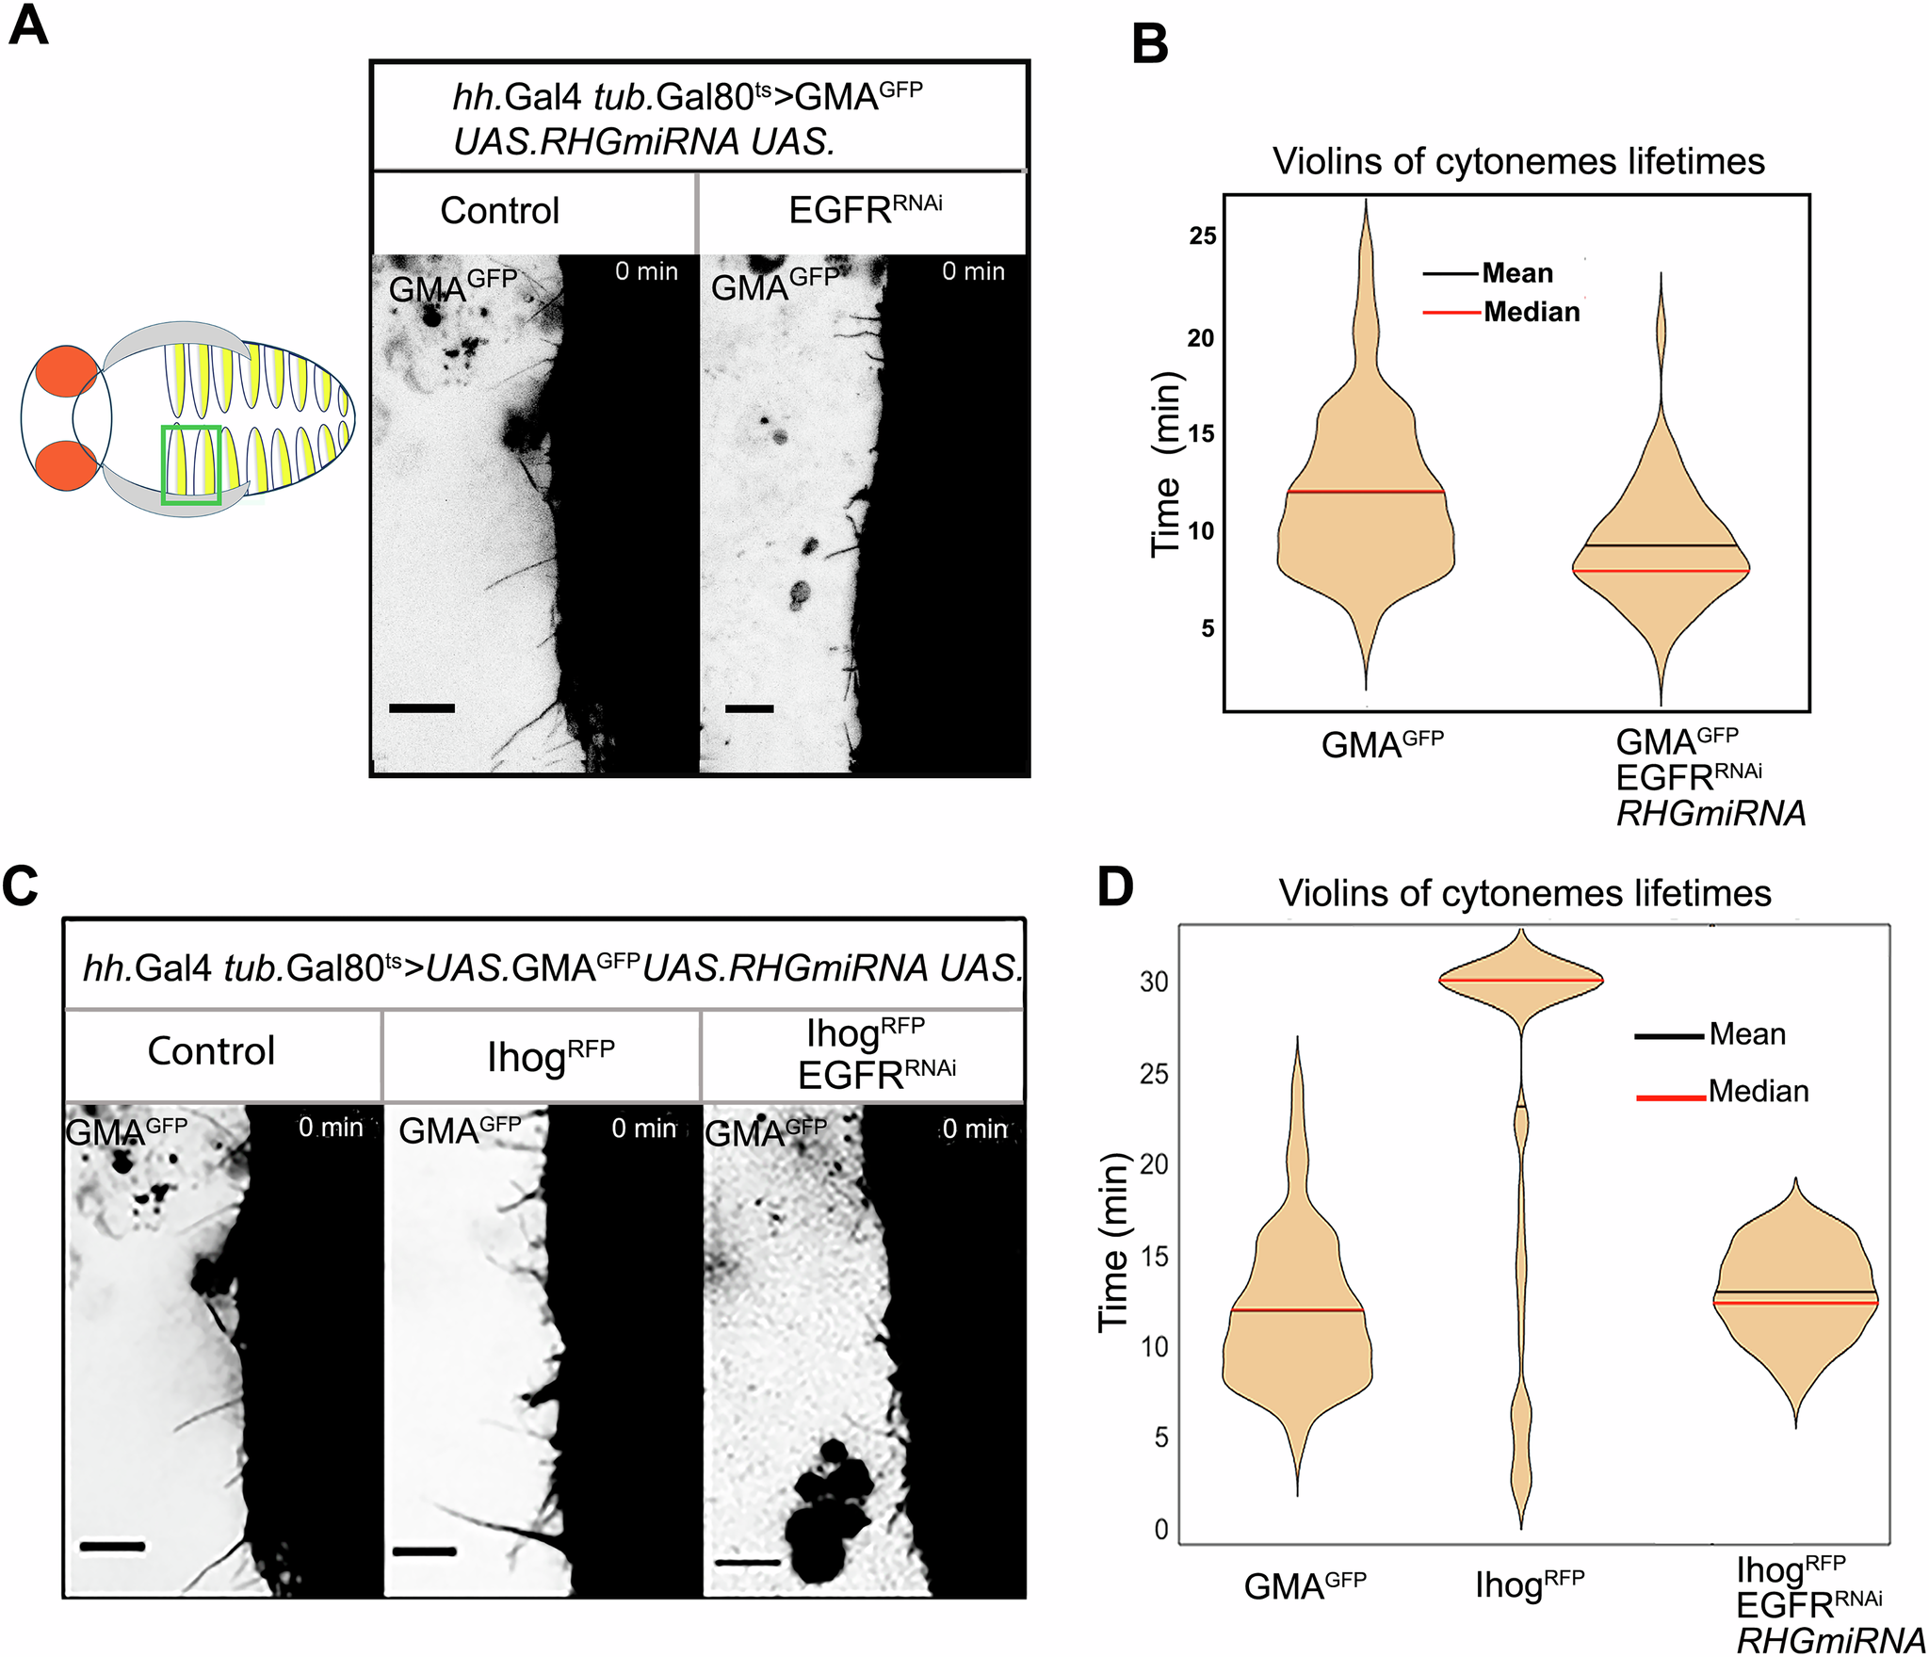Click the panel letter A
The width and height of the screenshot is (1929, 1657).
tap(28, 26)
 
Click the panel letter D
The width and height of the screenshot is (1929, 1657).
tap(1115, 887)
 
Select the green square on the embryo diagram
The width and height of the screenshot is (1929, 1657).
tap(191, 465)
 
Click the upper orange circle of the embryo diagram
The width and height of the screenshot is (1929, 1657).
tap(66, 370)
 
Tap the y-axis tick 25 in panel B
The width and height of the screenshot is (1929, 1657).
tap(1202, 236)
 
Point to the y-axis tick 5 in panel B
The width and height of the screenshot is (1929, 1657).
tap(1208, 628)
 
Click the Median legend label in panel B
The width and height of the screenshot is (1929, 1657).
tap(1532, 312)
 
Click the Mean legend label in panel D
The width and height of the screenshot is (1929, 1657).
tap(1747, 1034)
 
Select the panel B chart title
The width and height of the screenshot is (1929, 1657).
tap(1518, 161)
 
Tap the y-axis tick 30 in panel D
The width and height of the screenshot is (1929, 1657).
tap(1154, 982)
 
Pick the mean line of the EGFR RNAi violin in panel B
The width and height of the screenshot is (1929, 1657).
tap(1660, 545)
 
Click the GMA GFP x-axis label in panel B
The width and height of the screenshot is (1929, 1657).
tap(1382, 743)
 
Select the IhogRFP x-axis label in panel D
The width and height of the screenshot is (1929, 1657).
tap(1530, 1584)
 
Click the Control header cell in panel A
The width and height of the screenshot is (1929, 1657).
tap(499, 211)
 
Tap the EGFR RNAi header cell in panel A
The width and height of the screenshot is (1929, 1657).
tap(865, 209)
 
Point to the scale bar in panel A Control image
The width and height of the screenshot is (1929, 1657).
tap(421, 707)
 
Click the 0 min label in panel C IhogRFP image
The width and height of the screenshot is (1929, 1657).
tap(643, 1128)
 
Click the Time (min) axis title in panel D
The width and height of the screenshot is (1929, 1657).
tap(1113, 1242)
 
